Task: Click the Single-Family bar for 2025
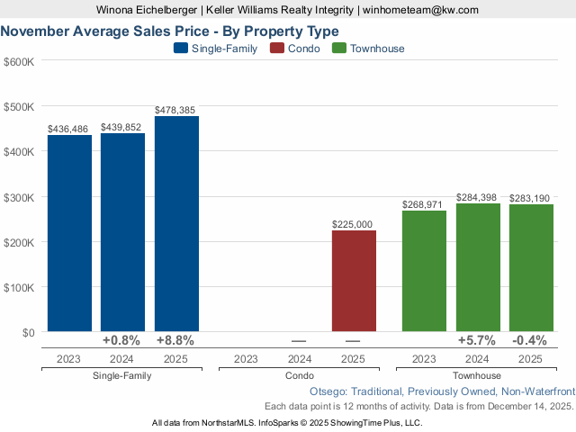coord(176,224)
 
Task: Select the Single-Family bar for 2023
coord(69,233)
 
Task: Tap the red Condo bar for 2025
coord(354,281)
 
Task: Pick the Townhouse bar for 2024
coord(478,267)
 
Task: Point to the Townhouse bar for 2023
coord(424,271)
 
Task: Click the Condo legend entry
coord(296,49)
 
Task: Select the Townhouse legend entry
coord(368,49)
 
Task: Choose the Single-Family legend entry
coord(215,49)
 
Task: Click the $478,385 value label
coord(176,110)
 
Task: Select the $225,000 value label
coord(354,224)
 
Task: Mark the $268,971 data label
coord(424,204)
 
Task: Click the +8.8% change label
coord(176,341)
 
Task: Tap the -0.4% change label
coord(531,341)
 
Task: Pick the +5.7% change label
coord(478,341)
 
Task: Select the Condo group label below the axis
coord(300,375)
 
